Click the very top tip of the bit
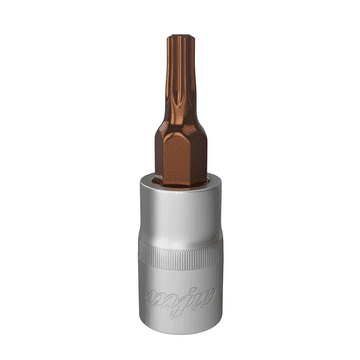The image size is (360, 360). (180, 37)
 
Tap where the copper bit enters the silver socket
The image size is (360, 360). (181, 184)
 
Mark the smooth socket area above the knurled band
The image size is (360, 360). (180, 225)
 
